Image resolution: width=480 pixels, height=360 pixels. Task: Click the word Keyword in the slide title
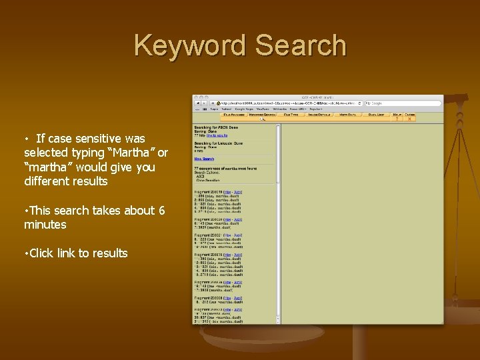189,46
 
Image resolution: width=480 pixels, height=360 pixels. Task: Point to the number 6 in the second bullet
161,210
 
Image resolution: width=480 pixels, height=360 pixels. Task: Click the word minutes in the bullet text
45,225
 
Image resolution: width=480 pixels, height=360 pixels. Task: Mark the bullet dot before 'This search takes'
25,211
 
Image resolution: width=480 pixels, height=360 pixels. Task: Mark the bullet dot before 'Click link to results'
25,253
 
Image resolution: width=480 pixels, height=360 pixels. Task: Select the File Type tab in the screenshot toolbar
291,115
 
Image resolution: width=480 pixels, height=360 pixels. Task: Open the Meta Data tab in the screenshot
348,115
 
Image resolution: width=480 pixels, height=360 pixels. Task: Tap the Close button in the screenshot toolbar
410,115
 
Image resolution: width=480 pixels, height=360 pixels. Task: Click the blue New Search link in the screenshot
203,159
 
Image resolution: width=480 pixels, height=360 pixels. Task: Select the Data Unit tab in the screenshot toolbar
376,115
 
